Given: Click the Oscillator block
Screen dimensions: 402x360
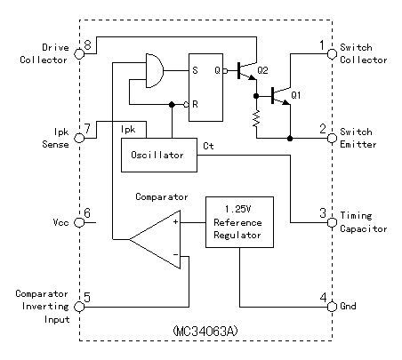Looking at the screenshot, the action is click(x=159, y=155).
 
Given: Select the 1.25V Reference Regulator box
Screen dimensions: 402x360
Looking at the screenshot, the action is click(x=239, y=222).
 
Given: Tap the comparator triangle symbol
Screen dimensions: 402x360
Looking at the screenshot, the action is click(x=155, y=239).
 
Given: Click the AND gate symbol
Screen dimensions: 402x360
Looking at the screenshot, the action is click(x=155, y=71).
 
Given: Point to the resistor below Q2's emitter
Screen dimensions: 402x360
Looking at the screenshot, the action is click(x=256, y=118).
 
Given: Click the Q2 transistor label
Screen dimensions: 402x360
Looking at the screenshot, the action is click(x=262, y=70).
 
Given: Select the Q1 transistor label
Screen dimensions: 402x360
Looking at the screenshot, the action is click(x=296, y=95).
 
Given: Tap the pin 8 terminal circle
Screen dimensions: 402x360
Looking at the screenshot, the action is click(x=79, y=54).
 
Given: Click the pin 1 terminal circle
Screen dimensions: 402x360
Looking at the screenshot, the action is click(x=332, y=54).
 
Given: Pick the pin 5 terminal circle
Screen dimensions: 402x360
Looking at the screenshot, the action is click(x=79, y=307).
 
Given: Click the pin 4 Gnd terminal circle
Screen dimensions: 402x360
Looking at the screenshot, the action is click(x=332, y=307).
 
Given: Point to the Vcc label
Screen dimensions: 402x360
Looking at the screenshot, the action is click(x=60, y=222).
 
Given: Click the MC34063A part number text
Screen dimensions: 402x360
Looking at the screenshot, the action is click(x=205, y=331).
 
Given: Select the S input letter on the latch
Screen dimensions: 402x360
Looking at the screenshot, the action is click(x=195, y=70).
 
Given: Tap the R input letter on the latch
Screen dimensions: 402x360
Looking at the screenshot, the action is click(x=195, y=104).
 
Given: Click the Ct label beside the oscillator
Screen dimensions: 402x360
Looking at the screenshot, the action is click(x=208, y=146).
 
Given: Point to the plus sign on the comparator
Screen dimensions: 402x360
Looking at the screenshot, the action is click(x=176, y=221).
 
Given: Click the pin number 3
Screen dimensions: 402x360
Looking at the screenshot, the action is click(x=323, y=213).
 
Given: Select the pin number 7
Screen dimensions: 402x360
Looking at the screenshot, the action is click(x=87, y=129).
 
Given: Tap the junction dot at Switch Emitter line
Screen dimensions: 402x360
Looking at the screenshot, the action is click(x=290, y=138).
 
